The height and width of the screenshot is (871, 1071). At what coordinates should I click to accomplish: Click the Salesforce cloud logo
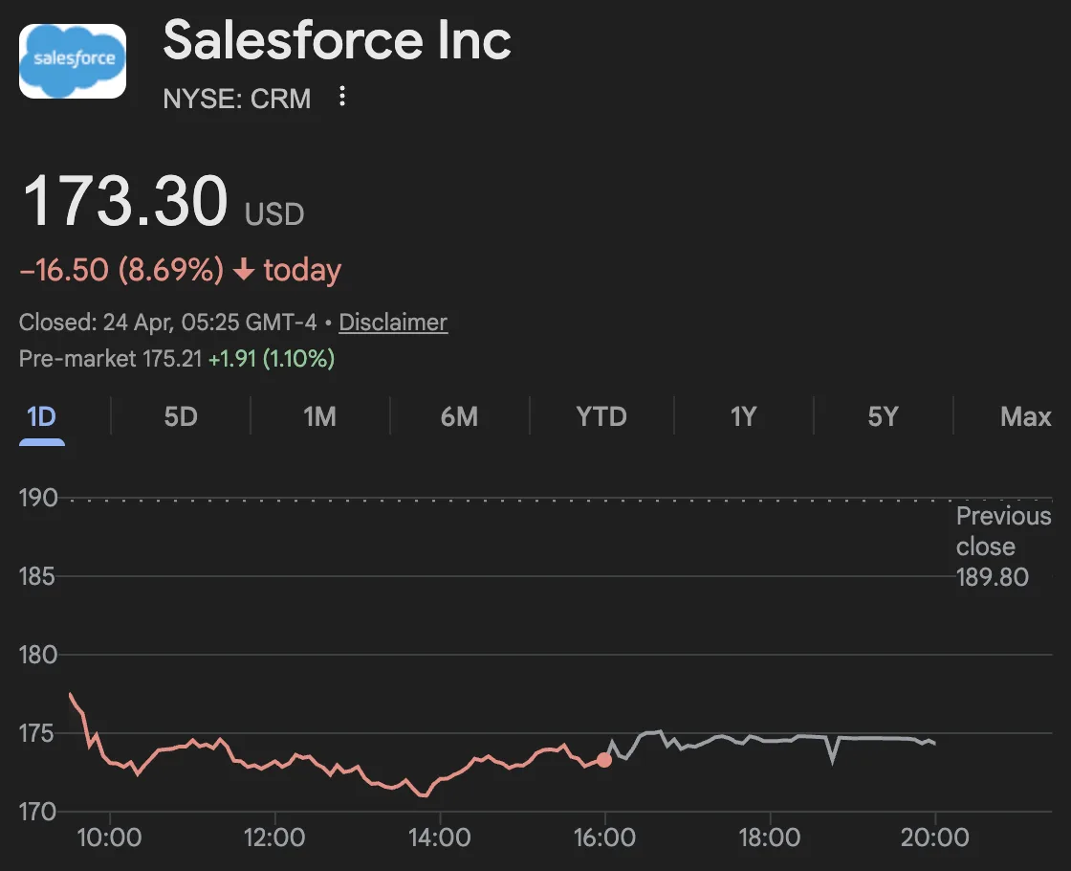tap(73, 60)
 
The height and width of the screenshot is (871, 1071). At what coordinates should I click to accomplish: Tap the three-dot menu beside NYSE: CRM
tap(342, 97)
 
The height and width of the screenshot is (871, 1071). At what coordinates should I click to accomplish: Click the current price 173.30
tap(125, 201)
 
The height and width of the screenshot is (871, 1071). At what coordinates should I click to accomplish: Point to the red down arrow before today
tap(244, 270)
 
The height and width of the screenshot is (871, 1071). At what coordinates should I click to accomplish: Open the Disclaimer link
tap(393, 323)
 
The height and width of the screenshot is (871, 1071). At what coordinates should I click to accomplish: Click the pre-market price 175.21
tap(171, 359)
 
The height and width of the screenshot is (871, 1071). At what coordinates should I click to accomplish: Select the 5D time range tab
tap(181, 417)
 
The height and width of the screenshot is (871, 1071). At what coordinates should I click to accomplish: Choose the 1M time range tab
tap(319, 417)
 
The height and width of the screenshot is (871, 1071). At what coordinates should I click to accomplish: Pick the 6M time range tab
tap(459, 417)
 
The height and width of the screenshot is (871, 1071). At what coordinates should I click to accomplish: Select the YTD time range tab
tap(601, 417)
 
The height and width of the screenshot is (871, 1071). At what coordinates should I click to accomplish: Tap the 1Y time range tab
tap(743, 417)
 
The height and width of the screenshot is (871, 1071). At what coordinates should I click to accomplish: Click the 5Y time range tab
tap(883, 417)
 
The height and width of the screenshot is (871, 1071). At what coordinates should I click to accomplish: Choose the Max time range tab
tap(1025, 417)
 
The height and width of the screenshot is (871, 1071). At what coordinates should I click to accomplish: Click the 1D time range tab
tap(42, 417)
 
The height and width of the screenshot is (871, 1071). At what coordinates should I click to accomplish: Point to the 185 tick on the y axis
tap(38, 577)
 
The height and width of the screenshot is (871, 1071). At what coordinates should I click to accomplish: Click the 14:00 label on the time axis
tap(439, 838)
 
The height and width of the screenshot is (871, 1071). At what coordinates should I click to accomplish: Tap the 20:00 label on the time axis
tap(934, 838)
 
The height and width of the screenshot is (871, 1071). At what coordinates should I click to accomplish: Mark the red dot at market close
tap(604, 760)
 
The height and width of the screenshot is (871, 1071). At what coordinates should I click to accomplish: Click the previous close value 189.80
tap(993, 577)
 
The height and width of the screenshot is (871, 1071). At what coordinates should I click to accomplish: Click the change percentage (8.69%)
tap(170, 270)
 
